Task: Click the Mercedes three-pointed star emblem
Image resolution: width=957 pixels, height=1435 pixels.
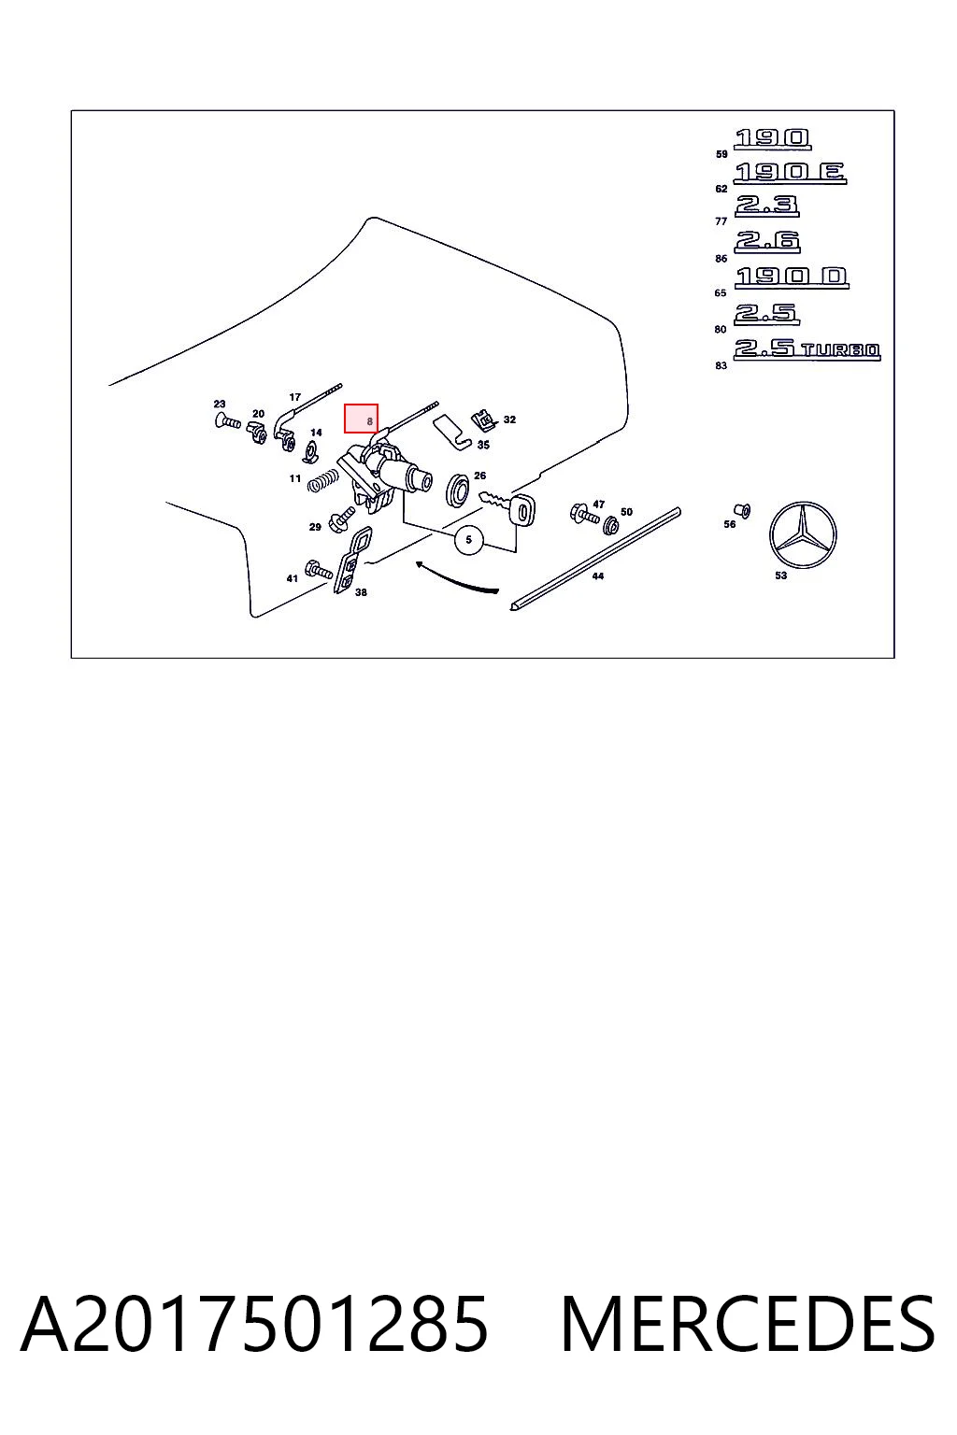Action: pos(803,534)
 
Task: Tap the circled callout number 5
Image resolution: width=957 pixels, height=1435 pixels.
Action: pos(468,539)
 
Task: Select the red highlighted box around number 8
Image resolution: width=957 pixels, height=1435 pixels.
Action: pos(361,419)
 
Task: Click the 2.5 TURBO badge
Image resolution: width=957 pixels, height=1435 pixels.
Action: pos(807,349)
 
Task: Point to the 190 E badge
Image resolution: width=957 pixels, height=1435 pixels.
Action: pos(790,173)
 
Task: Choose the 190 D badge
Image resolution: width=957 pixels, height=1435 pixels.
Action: pos(792,277)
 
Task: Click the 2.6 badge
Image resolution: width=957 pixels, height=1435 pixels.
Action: pos(767,242)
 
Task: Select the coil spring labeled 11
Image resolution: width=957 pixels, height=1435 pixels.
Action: pos(322,480)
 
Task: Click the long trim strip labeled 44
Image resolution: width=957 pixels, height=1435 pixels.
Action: pos(594,558)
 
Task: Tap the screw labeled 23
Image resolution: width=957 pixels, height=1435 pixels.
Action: pos(227,421)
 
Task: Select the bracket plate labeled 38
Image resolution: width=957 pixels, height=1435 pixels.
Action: pos(352,560)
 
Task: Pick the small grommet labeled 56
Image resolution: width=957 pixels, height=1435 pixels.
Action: pos(742,511)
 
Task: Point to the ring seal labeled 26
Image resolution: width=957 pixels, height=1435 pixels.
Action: pos(457,490)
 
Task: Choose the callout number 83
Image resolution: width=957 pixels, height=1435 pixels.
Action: pos(721,366)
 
